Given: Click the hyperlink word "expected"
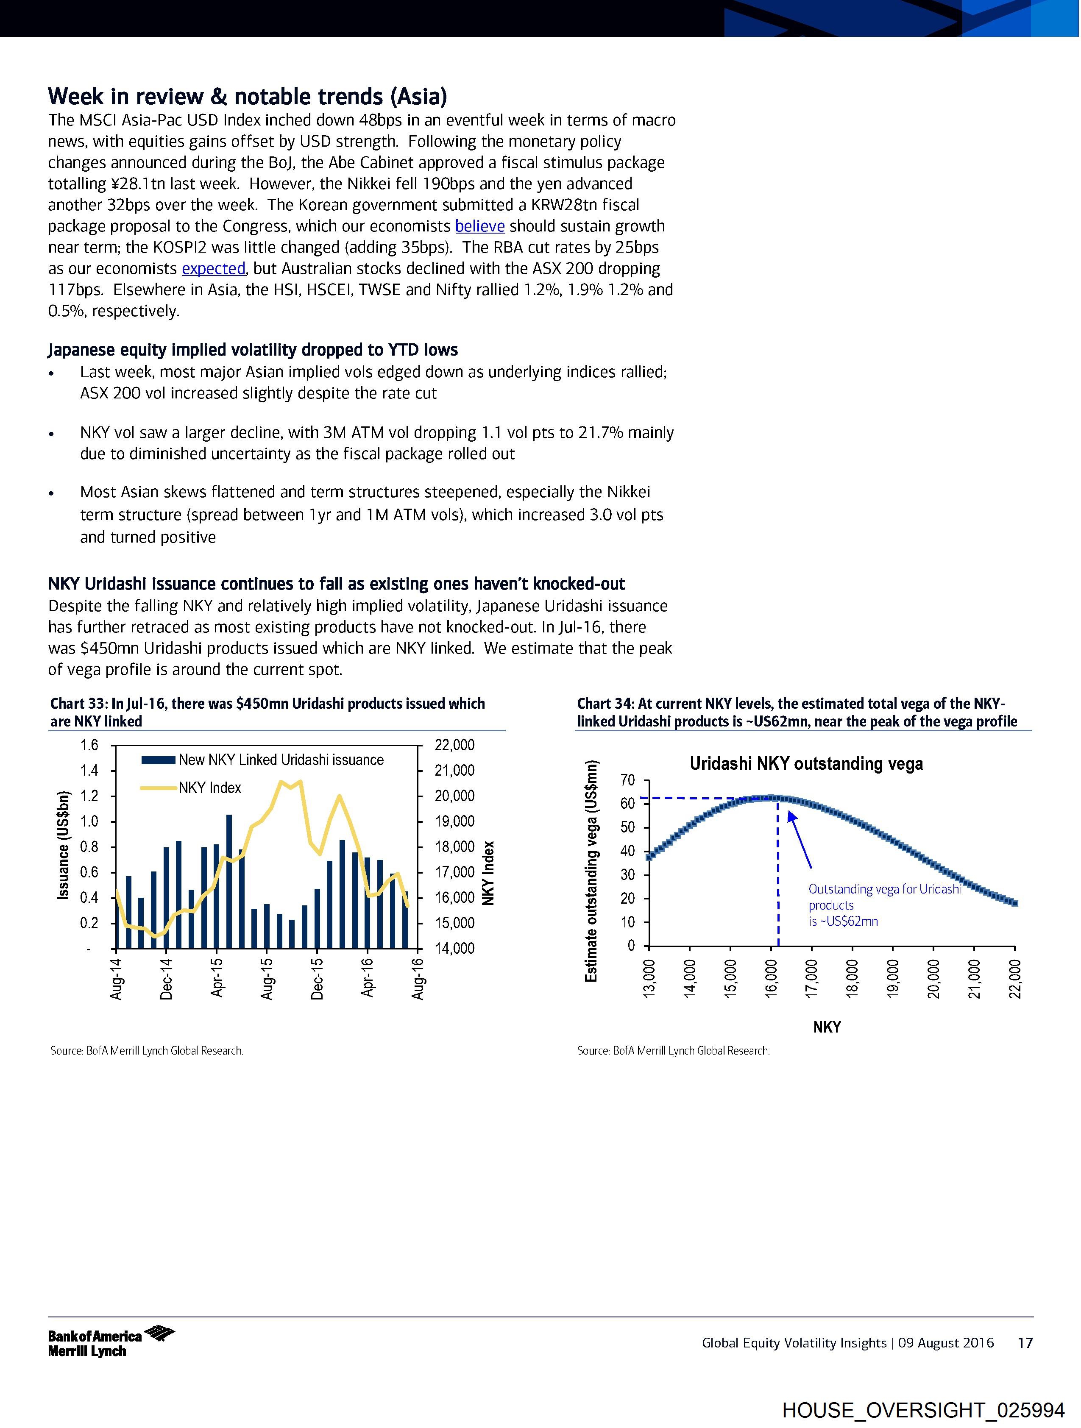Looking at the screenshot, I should click(x=214, y=269).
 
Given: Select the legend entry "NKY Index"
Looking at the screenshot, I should click(x=210, y=788).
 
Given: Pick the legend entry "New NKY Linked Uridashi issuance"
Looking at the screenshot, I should click(x=281, y=760).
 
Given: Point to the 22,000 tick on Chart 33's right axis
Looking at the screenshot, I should click(x=454, y=745).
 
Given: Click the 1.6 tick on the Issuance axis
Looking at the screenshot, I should click(x=89, y=745).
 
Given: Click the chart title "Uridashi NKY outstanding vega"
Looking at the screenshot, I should click(x=806, y=764).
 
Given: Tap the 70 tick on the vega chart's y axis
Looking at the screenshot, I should click(x=628, y=780).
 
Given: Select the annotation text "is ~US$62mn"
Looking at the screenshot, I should click(x=843, y=921).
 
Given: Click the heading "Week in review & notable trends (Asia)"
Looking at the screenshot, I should click(x=247, y=97).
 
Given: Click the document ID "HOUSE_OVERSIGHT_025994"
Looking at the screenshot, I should click(x=923, y=1410).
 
